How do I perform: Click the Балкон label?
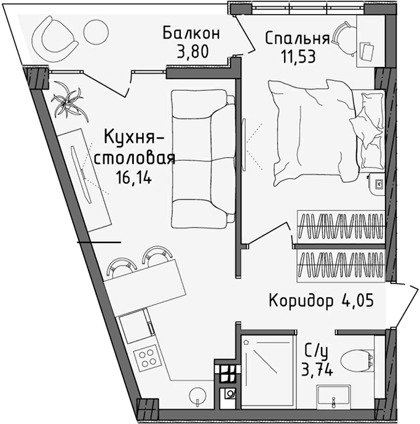[191, 33]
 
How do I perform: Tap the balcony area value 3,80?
[191, 51]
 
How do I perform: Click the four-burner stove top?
[147, 357]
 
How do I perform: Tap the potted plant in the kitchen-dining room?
[66, 102]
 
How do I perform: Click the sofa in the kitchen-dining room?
[203, 158]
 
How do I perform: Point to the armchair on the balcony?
[55, 36]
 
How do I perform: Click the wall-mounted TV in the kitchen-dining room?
[79, 166]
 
